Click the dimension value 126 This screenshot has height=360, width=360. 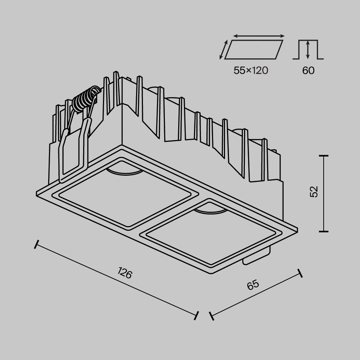[x=125, y=274]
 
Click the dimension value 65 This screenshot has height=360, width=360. [x=253, y=285]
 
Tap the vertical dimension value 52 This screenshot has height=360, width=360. [x=314, y=192]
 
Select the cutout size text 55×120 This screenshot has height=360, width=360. [x=251, y=71]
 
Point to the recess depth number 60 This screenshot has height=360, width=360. [x=308, y=71]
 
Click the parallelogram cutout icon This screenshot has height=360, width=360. [x=253, y=49]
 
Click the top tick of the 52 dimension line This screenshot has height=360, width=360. [x=324, y=156]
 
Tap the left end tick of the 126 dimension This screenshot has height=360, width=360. [x=36, y=245]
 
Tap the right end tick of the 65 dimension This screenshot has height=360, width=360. [x=300, y=273]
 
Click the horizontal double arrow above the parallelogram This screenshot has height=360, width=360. [x=259, y=36]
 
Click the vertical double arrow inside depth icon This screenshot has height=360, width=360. [x=308, y=50]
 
